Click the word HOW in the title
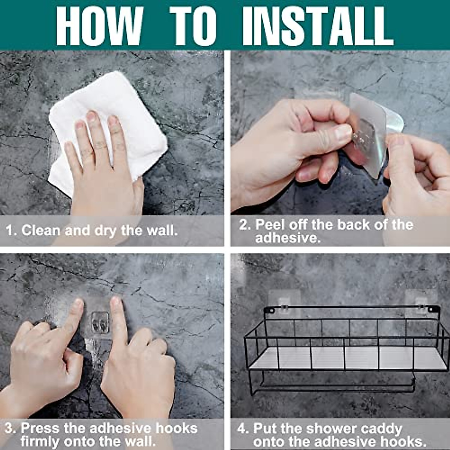[x=99, y=26]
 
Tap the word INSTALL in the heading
[x=318, y=26]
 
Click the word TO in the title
[x=193, y=26]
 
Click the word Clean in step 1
[x=41, y=230]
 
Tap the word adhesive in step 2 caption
[x=287, y=238]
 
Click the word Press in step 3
[x=40, y=428]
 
